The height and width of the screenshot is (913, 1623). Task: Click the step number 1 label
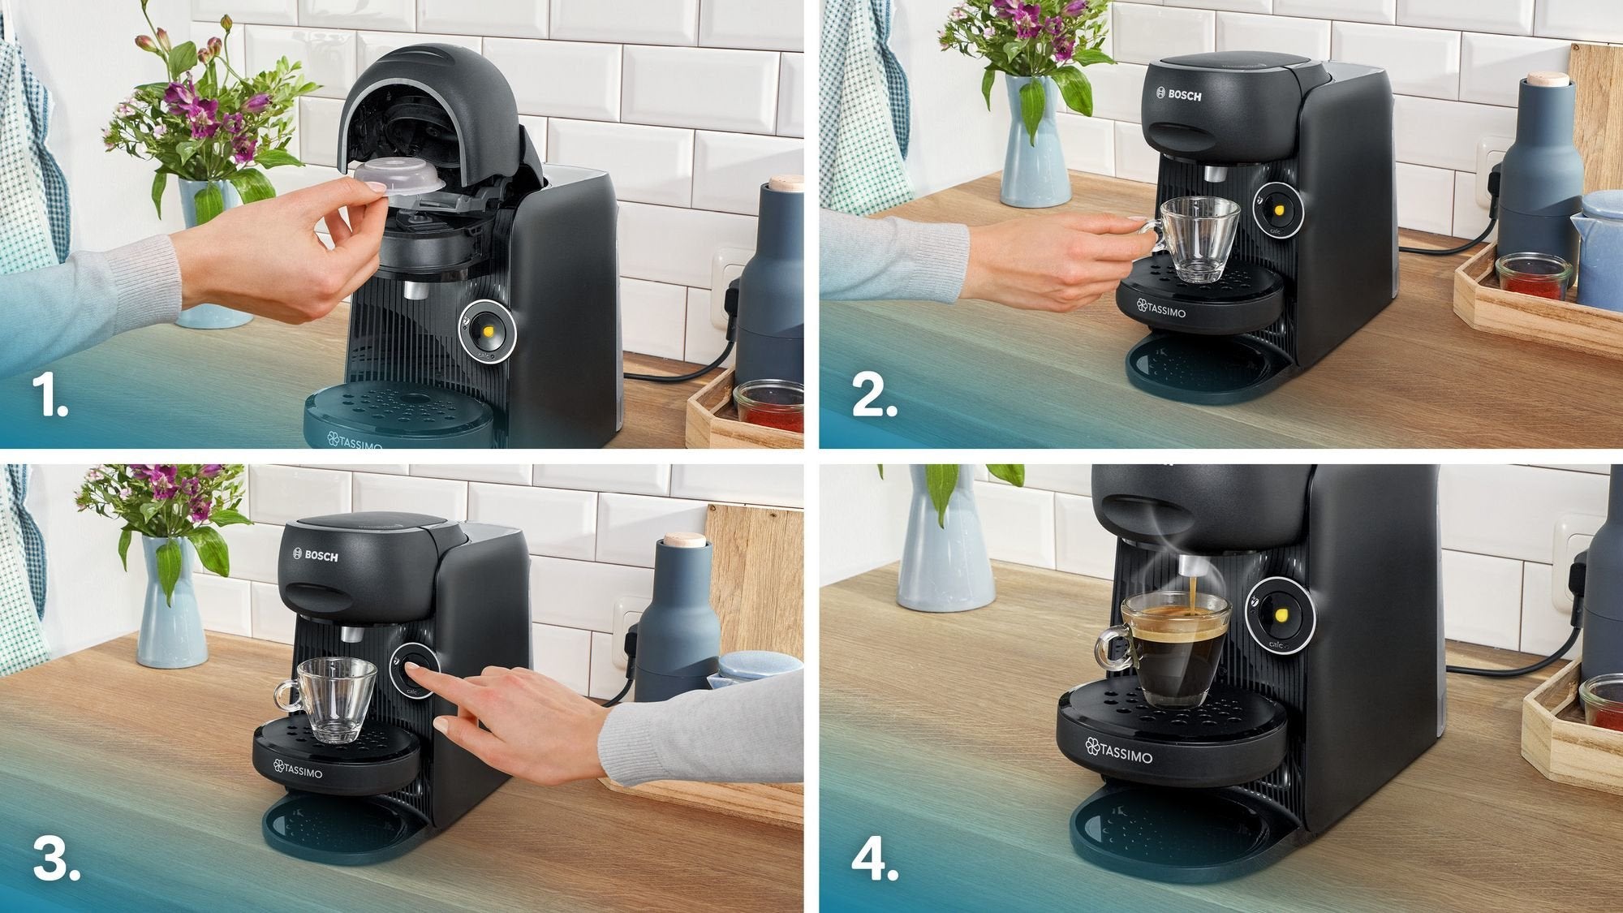coord(50,398)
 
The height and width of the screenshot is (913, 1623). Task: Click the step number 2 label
coord(874,398)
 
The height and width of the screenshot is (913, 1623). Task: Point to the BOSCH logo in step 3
coord(316,556)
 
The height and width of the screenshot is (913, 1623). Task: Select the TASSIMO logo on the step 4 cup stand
coord(1119,752)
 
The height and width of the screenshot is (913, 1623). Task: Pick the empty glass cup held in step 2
coord(1199,239)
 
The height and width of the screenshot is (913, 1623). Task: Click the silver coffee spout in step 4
coord(1188,566)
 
